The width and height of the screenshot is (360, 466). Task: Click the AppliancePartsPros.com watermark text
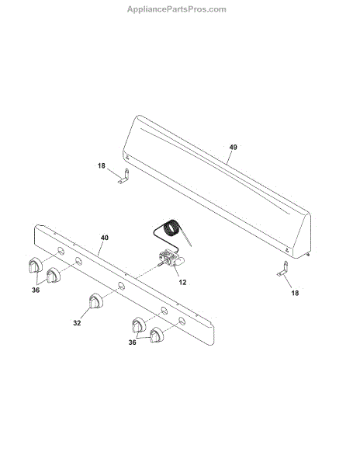coord(177,9)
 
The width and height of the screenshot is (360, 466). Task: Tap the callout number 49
coord(234,147)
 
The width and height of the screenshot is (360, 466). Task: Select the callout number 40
coord(105,238)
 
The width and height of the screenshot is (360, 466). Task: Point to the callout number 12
coord(182,283)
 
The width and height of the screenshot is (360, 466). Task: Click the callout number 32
coord(77,323)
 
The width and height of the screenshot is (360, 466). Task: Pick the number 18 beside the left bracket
coord(102,165)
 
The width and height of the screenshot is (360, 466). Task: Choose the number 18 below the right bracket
coord(295,293)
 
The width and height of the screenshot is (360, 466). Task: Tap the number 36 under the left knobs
coord(36,290)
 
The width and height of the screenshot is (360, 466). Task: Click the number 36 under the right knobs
coord(133,343)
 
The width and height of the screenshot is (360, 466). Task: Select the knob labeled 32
coord(96,301)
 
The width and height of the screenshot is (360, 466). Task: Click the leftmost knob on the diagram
coord(36,265)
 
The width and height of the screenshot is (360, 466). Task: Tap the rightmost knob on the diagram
coord(157,335)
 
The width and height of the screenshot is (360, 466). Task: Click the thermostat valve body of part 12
coord(171,257)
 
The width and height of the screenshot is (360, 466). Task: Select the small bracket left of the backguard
coord(125,176)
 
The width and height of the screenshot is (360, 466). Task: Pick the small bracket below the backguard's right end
coord(283,269)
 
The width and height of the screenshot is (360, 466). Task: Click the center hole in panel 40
coord(121,286)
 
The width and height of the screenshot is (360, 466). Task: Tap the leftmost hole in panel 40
coord(61,251)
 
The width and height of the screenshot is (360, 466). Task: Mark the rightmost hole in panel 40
coord(182,321)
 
